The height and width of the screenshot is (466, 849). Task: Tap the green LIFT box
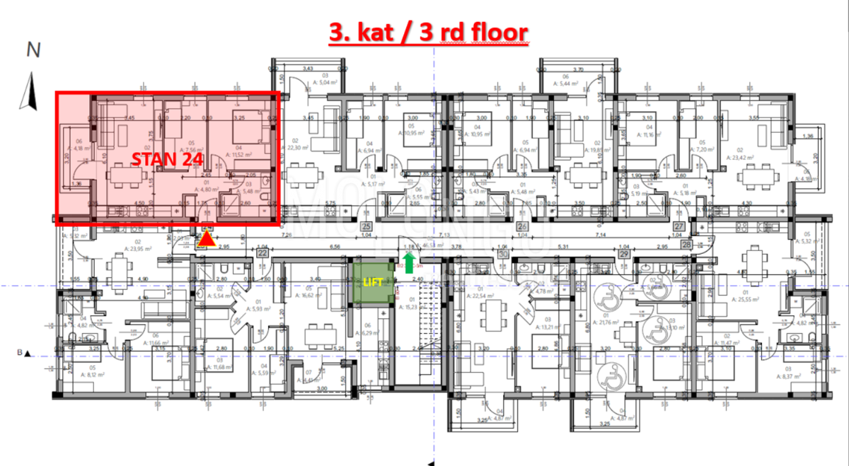(372, 281)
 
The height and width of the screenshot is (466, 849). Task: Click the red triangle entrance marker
(206, 241)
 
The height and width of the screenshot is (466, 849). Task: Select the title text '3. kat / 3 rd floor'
(429, 33)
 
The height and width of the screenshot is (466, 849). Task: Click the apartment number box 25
(366, 227)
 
